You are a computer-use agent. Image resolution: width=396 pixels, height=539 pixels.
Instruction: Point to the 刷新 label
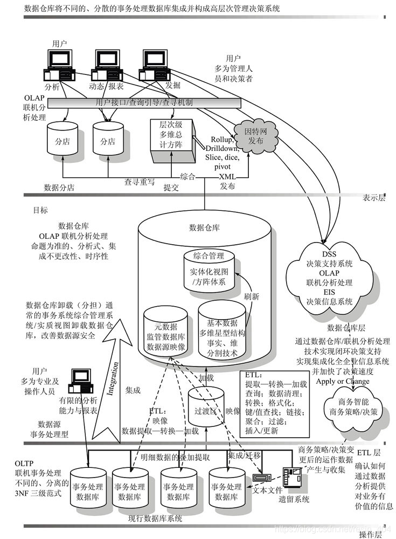[x=252, y=296]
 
